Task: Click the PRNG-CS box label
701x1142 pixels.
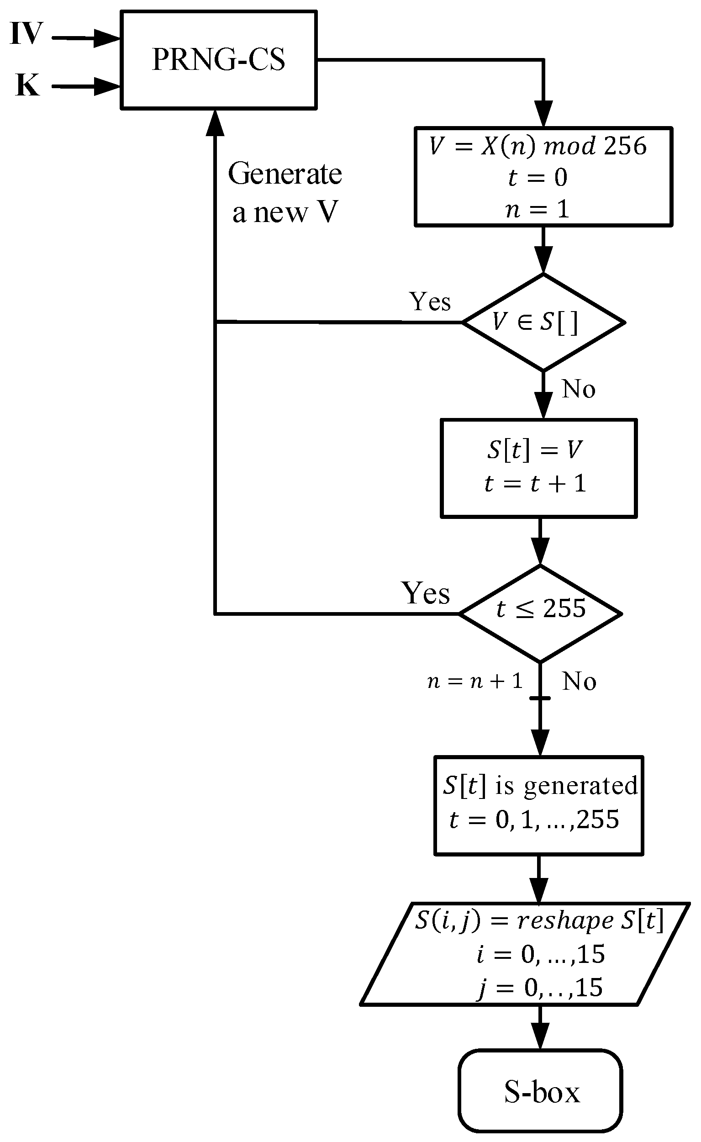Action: tap(218, 60)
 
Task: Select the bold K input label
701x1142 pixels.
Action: tap(27, 85)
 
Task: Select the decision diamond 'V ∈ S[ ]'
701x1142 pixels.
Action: tap(543, 322)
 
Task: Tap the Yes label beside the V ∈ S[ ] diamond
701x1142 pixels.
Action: tap(430, 302)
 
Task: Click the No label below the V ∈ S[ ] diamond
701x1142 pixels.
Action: tap(579, 389)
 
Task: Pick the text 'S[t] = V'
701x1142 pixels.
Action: tap(535, 450)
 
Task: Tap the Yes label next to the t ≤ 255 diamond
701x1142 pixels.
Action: tap(426, 593)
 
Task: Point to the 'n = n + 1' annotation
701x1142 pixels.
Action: tap(475, 682)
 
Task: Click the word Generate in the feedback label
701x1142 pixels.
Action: tap(285, 174)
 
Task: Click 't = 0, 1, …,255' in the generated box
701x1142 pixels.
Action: tap(534, 819)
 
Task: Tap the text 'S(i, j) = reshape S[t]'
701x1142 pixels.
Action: tap(539, 920)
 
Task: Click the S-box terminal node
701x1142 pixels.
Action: tap(541, 1092)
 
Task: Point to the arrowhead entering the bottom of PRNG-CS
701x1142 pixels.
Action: tap(215, 123)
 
